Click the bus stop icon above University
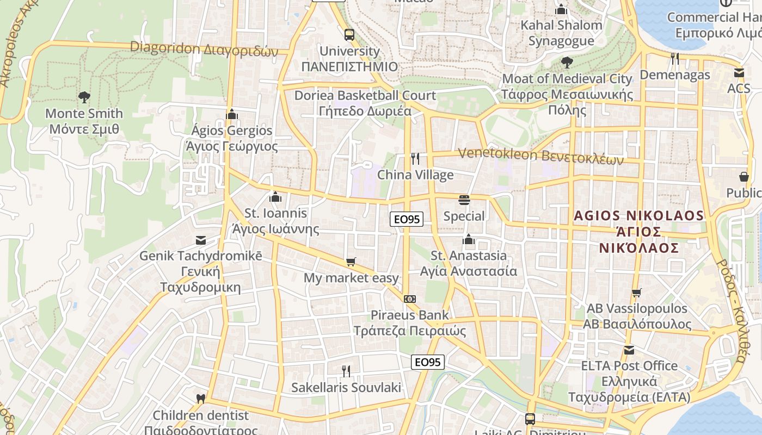349,35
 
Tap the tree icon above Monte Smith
84,97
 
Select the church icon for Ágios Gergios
232,114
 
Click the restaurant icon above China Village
415,159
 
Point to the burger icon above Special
464,200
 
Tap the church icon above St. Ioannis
275,197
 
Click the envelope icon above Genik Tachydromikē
200,240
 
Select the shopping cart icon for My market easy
351,262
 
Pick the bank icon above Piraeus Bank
410,299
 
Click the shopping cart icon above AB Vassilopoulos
637,293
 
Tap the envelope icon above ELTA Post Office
629,350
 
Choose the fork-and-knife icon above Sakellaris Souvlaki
346,371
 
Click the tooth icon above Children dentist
200,399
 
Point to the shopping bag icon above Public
743,177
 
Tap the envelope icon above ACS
739,72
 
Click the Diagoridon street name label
204,49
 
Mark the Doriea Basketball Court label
365,103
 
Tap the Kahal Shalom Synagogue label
561,33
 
